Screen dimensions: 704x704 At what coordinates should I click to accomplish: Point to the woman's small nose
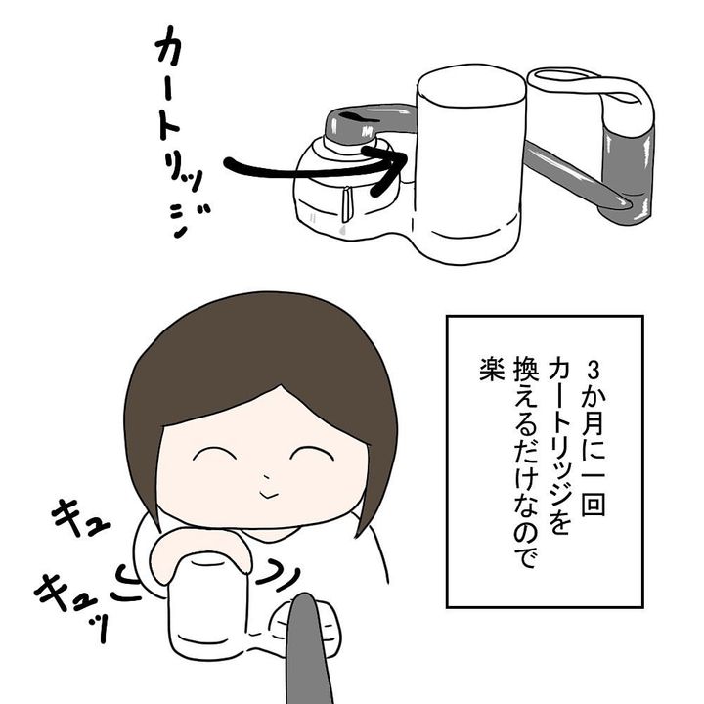264,480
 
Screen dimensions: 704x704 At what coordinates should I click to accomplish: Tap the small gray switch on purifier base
347,205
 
